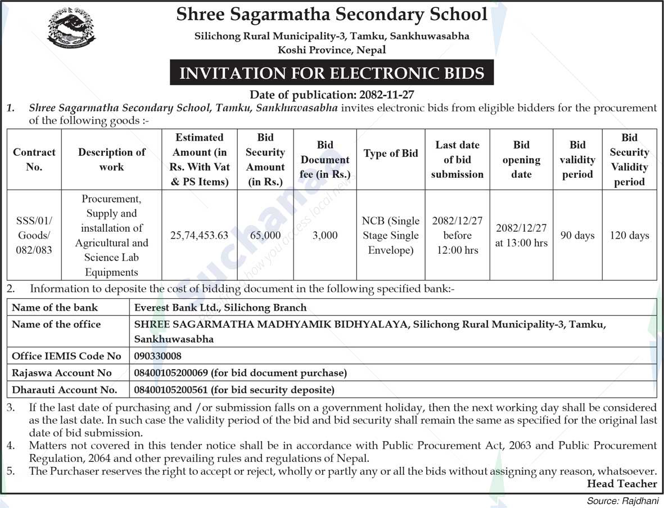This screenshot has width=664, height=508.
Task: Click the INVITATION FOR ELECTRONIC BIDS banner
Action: coord(331,73)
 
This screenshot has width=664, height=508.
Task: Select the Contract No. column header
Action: coord(34,160)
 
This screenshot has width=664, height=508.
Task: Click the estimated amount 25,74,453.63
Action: coord(199,236)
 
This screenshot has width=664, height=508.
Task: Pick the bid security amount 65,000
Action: coord(265,236)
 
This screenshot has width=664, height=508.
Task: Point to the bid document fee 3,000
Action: coord(324,236)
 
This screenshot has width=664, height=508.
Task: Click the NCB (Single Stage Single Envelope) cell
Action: coord(391,236)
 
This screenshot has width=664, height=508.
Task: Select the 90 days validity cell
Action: coord(577,236)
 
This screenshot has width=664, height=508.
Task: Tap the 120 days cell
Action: coord(629,236)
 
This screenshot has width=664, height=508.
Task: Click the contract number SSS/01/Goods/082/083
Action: coord(34,236)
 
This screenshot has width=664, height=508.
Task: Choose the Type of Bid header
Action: coord(391,154)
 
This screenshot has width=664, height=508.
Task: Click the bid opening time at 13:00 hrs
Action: coord(521,243)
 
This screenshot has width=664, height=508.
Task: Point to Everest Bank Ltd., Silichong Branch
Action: coord(220,307)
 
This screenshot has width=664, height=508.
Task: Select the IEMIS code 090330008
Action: coord(158,356)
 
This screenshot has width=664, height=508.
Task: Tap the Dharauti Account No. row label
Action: coord(64,389)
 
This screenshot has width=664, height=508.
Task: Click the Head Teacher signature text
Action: coord(621,484)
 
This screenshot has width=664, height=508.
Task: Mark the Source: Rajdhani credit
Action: coord(622,501)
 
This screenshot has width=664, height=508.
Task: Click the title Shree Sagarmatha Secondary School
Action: coord(332,15)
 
